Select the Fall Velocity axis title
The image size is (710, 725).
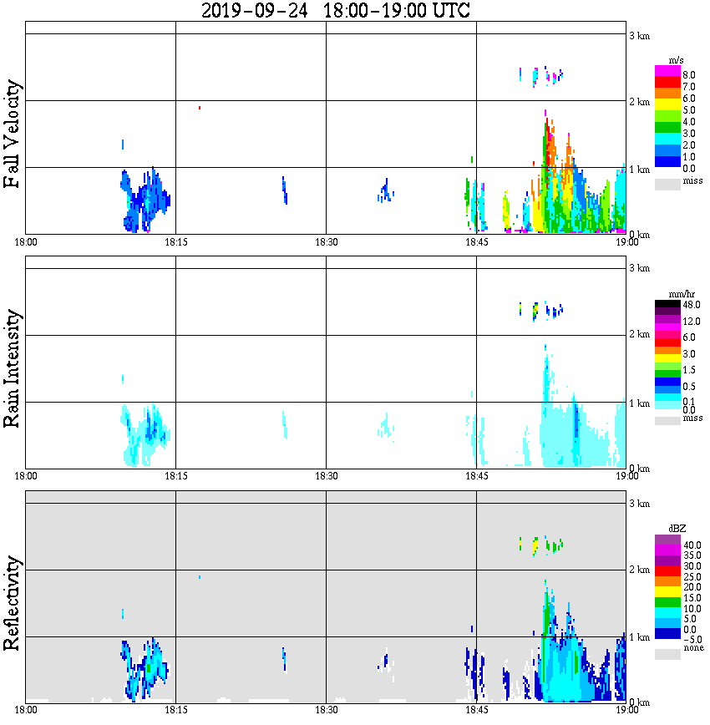13,134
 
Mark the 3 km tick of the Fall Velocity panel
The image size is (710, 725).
639,34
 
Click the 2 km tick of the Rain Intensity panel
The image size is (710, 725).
639,335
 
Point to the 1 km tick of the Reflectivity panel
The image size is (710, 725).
639,637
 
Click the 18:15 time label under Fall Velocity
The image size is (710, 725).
175,242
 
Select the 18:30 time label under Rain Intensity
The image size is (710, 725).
326,476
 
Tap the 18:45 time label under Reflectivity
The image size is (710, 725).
476,710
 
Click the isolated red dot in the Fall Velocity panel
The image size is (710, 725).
200,108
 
